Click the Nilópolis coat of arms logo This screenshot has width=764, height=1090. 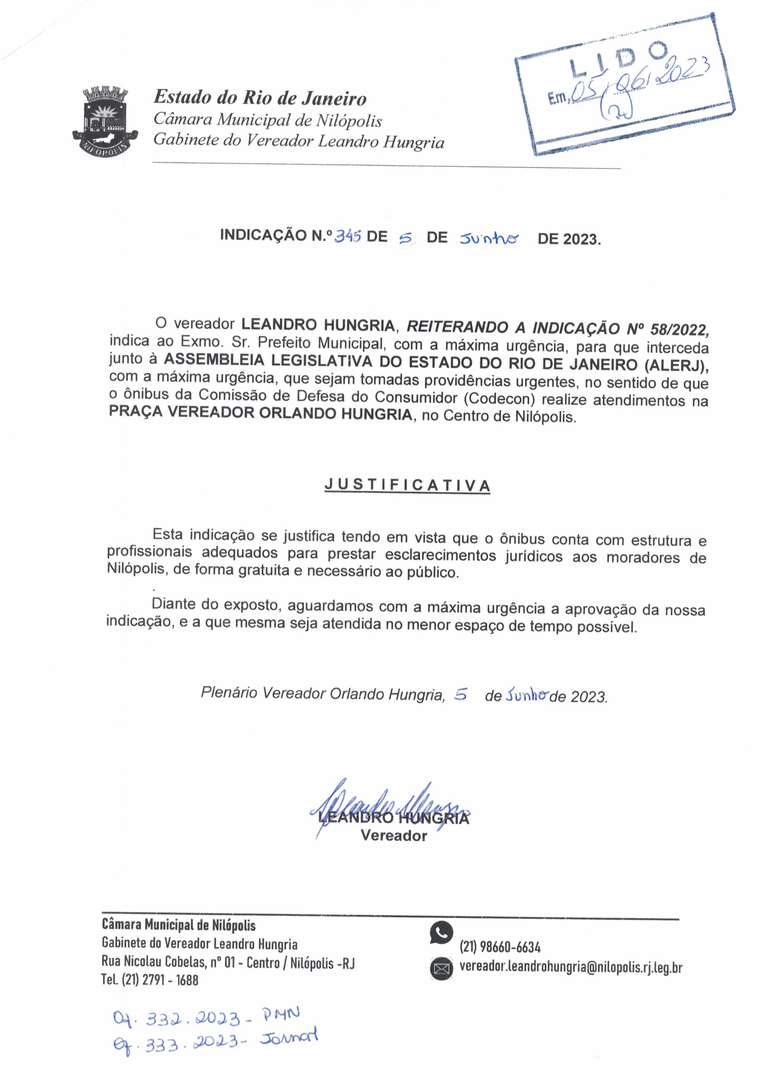(106, 119)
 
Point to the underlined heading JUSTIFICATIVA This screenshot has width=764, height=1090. (407, 485)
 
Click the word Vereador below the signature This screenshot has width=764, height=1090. (393, 835)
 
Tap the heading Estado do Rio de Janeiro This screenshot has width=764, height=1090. (260, 98)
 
